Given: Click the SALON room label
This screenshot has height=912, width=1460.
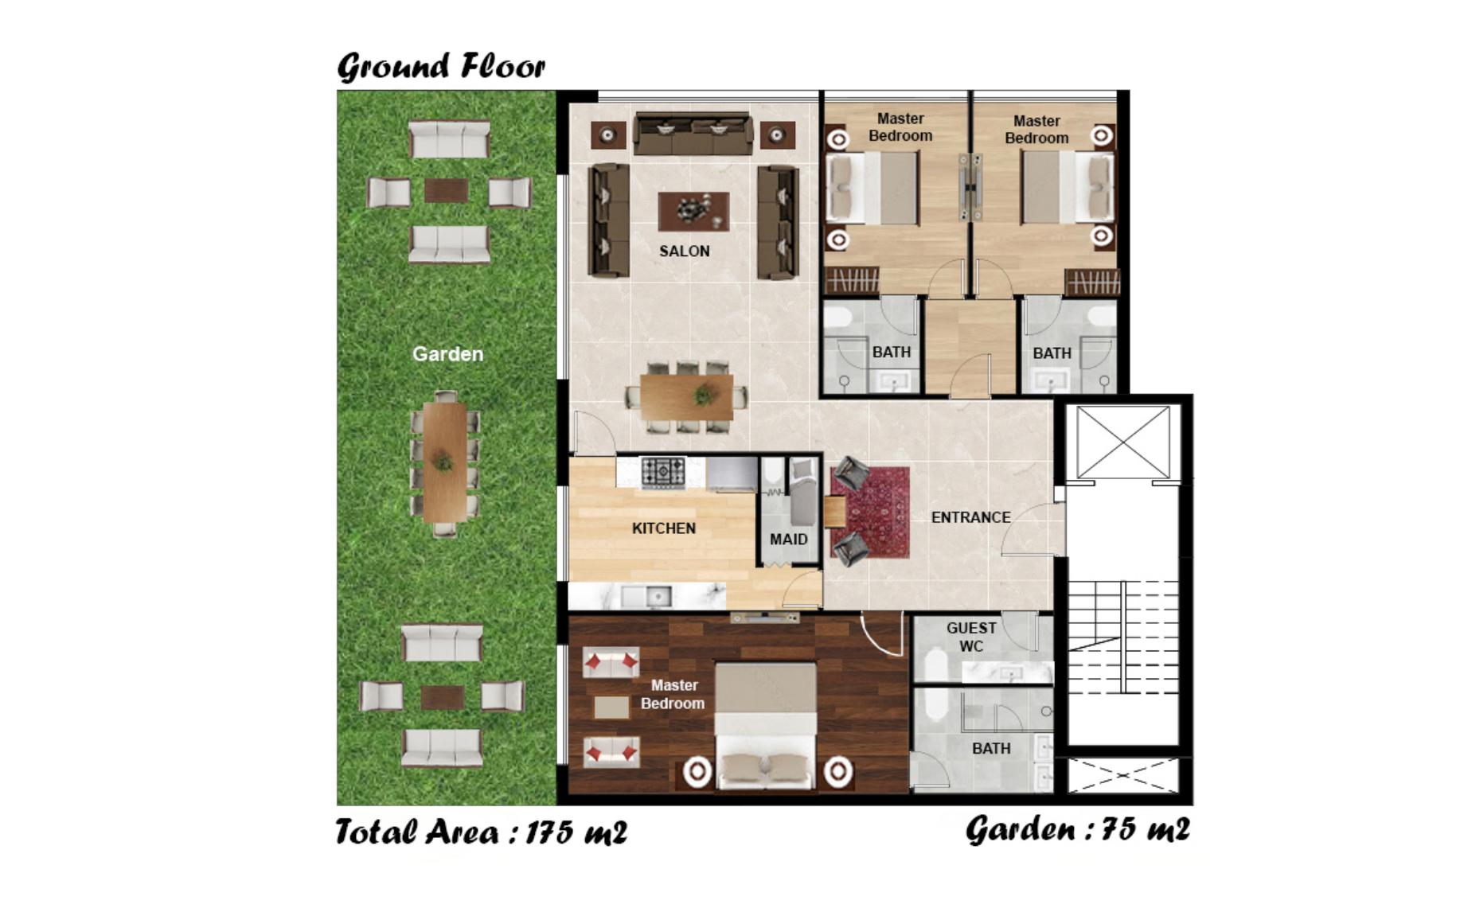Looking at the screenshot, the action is tap(684, 251).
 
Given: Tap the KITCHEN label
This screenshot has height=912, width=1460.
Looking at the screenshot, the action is tap(663, 528).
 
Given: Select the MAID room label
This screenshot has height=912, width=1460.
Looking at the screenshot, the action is tap(788, 540).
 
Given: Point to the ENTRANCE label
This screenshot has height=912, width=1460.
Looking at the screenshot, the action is tap(970, 517).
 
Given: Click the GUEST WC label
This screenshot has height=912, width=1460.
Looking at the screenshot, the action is tap(971, 637).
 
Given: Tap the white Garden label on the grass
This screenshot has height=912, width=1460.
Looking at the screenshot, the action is tap(447, 354).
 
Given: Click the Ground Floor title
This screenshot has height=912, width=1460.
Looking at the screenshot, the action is tap(441, 66).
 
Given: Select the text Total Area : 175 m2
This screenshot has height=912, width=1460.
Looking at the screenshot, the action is tap(482, 832).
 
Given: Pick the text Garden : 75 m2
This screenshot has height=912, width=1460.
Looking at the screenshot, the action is tap(1078, 829).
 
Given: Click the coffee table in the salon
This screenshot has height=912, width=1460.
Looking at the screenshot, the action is tap(693, 212).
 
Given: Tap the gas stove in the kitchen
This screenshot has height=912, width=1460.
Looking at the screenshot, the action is tap(663, 472).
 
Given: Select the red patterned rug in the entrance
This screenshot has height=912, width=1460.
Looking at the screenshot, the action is tap(869, 513).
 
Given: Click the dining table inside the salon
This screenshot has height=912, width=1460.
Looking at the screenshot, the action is tap(686, 397).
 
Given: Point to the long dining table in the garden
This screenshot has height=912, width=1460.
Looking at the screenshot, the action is tap(444, 462).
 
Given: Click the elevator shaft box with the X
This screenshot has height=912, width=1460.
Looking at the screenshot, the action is tap(1122, 442).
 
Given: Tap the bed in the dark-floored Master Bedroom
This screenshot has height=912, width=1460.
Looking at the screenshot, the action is tap(765, 725).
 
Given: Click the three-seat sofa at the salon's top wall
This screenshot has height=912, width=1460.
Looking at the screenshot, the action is tap(693, 134).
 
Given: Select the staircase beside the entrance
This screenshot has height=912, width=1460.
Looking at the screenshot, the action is tap(1122, 637).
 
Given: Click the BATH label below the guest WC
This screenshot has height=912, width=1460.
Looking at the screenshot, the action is tap(991, 749).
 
